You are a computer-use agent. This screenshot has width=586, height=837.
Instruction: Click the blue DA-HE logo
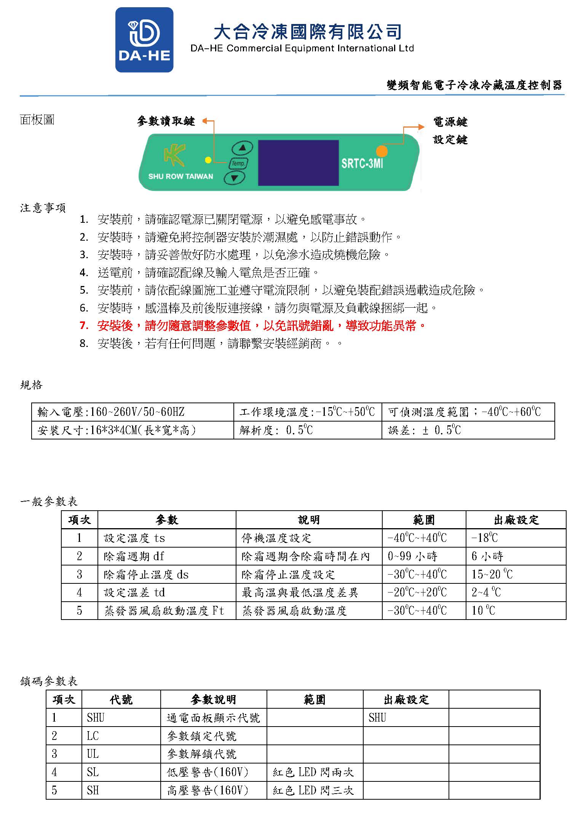click(144, 40)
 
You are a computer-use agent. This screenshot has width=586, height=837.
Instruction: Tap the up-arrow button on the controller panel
click(242, 148)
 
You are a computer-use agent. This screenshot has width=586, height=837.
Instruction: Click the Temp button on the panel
click(238, 163)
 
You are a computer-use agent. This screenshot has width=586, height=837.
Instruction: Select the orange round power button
click(382, 151)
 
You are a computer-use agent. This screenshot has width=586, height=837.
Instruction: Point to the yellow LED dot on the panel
click(208, 160)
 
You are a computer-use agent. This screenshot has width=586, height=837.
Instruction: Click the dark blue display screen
click(298, 163)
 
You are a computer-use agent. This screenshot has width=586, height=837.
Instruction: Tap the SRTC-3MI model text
click(362, 164)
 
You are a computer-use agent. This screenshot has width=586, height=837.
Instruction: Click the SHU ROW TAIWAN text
click(180, 176)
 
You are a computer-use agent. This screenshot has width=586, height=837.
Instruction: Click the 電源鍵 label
click(450, 122)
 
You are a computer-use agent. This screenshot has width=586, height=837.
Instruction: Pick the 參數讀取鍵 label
click(166, 121)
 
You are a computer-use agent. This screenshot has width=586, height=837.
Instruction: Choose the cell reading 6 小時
click(487, 556)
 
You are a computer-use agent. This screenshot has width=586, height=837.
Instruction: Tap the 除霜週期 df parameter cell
click(134, 556)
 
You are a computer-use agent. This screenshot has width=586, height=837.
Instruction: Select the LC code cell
click(93, 736)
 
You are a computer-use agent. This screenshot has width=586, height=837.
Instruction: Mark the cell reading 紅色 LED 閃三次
click(313, 791)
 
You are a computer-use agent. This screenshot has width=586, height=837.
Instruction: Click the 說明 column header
click(308, 520)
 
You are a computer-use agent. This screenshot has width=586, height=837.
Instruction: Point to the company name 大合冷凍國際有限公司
click(308, 32)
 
